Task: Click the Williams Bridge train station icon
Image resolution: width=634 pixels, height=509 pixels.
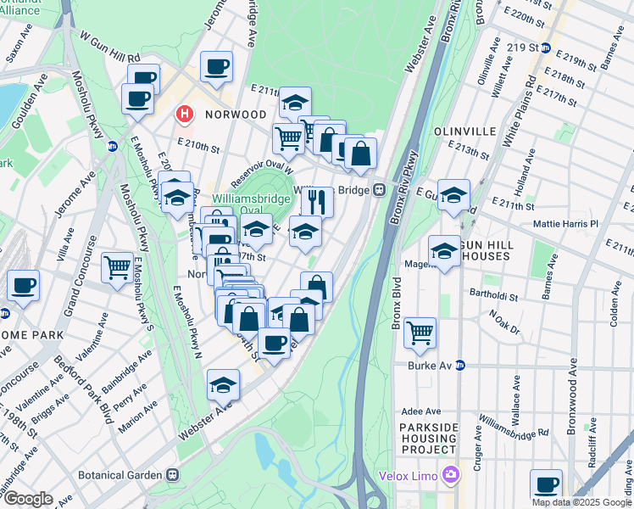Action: click(381, 190)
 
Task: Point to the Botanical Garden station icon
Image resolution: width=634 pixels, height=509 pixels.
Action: click(172, 475)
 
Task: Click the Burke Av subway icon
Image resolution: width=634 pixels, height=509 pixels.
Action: click(460, 366)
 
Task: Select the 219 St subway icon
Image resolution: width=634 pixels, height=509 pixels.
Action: click(547, 48)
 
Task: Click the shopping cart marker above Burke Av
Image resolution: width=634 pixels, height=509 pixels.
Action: click(420, 333)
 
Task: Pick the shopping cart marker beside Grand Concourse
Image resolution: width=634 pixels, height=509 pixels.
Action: click(117, 267)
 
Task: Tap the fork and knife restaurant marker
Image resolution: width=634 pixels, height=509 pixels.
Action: click(317, 202)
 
